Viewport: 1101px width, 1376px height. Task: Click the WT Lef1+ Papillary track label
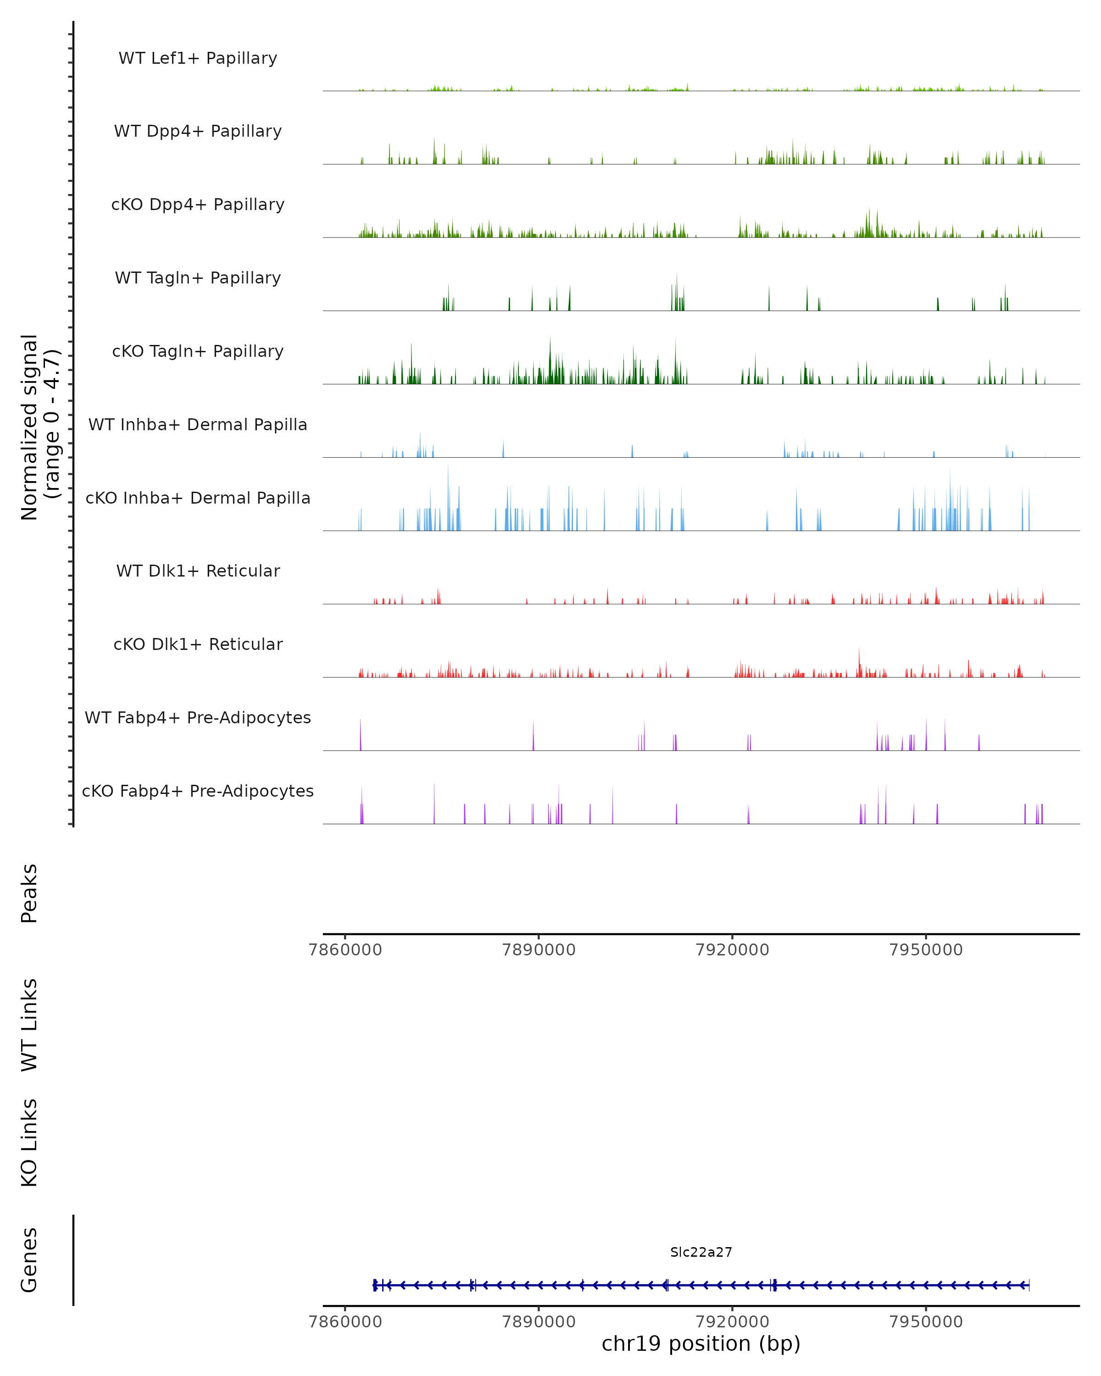pyautogui.click(x=198, y=58)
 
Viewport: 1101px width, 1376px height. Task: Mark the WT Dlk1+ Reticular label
pyautogui.click(x=198, y=571)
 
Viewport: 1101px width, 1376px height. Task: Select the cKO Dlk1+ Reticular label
pyautogui.click(x=198, y=644)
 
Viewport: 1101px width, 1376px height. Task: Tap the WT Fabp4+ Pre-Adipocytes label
pyautogui.click(x=198, y=717)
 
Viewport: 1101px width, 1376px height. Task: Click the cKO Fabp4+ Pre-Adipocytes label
pyautogui.click(x=198, y=791)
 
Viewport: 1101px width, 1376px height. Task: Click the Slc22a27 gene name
pyautogui.click(x=701, y=1252)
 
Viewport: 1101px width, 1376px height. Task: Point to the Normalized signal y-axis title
pyautogui.click(x=39, y=427)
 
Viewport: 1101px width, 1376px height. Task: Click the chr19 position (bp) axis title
pyautogui.click(x=701, y=1344)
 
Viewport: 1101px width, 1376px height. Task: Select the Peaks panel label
pyautogui.click(x=29, y=893)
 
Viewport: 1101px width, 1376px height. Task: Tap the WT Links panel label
pyautogui.click(x=29, y=1024)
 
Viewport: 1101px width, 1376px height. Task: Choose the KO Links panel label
pyautogui.click(x=29, y=1143)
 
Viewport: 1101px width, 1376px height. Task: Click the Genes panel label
pyautogui.click(x=29, y=1260)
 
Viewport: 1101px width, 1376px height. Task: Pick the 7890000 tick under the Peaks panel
pyautogui.click(x=539, y=950)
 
